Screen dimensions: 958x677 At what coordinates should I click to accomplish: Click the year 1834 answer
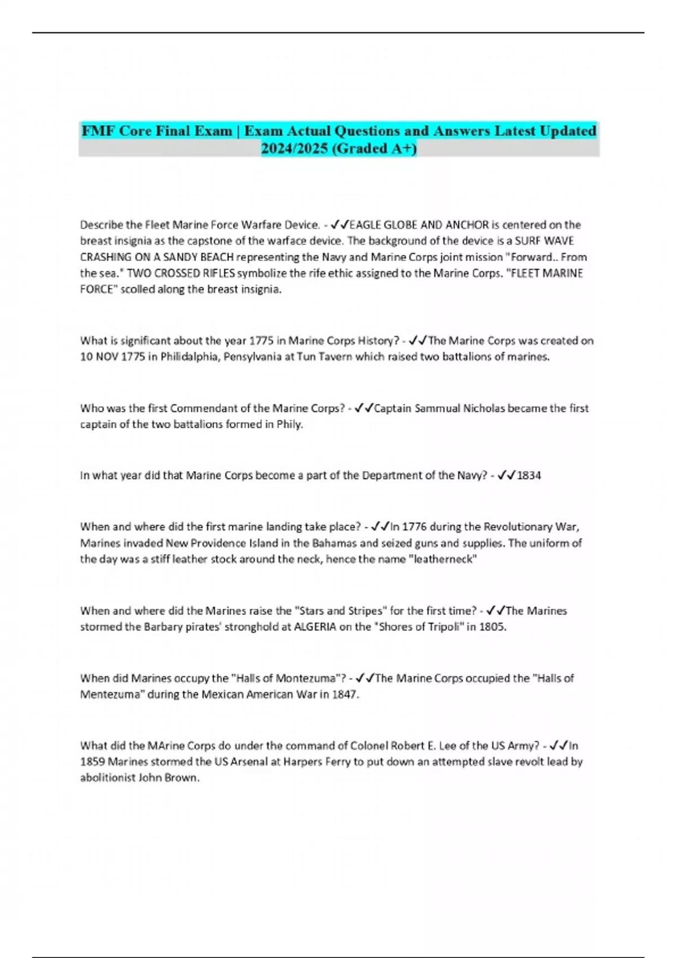click(x=529, y=476)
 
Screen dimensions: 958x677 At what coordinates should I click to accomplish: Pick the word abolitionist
click(x=108, y=778)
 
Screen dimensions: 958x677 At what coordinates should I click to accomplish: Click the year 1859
click(x=92, y=762)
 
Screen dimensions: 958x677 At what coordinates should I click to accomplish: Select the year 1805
click(x=492, y=627)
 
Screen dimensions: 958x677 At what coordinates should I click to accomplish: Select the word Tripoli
click(x=439, y=627)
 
